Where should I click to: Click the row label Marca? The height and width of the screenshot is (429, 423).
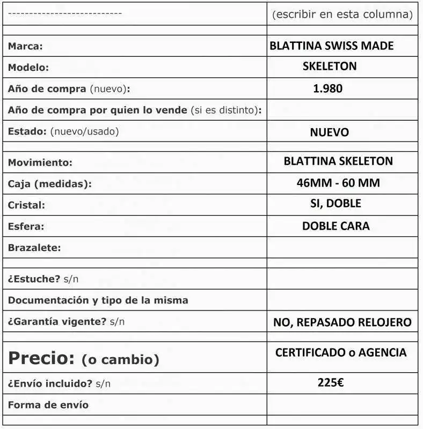(x=25, y=46)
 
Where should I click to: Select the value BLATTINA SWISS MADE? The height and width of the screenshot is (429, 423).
(x=331, y=46)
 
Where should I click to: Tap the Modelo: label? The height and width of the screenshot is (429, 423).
(x=28, y=68)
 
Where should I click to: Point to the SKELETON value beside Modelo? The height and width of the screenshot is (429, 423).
(x=330, y=66)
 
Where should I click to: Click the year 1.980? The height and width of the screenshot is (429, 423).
(x=327, y=88)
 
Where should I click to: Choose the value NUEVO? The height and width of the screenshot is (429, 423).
(x=329, y=132)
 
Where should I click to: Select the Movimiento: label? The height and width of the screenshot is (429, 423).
(x=40, y=162)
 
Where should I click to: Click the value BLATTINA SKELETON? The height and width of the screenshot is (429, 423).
(x=338, y=161)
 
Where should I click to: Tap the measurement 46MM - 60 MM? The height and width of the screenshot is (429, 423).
(x=338, y=183)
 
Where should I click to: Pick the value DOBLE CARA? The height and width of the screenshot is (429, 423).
(x=336, y=226)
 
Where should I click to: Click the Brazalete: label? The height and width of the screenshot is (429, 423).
(x=34, y=248)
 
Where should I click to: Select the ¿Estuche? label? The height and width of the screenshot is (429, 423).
(x=34, y=279)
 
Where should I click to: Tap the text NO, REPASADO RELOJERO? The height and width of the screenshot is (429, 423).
(x=342, y=322)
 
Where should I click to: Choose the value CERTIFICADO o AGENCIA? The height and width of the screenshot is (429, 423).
(x=341, y=353)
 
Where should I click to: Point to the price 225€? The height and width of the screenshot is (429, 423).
(x=331, y=383)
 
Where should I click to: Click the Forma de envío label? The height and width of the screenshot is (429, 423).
(x=48, y=405)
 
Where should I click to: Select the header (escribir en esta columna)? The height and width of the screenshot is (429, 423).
(x=342, y=14)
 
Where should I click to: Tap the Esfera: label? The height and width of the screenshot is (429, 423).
(x=26, y=227)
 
